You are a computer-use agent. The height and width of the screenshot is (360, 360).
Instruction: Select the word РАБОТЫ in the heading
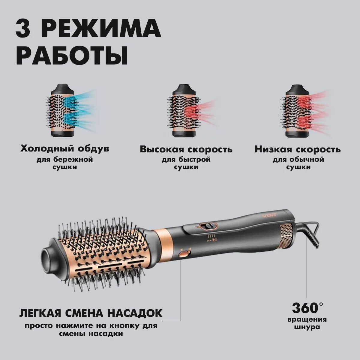pyautogui.click(x=72, y=55)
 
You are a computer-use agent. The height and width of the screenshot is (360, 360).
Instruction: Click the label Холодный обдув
pyautogui.click(x=65, y=148)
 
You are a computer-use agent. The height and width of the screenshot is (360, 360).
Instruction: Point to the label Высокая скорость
pyautogui.click(x=186, y=149)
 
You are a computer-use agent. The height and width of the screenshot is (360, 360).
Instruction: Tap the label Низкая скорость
pyautogui.click(x=298, y=149)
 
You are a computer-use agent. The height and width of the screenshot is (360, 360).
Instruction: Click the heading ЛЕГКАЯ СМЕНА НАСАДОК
pyautogui.click(x=91, y=313)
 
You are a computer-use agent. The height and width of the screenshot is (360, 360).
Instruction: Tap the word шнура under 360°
pyautogui.click(x=307, y=327)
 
